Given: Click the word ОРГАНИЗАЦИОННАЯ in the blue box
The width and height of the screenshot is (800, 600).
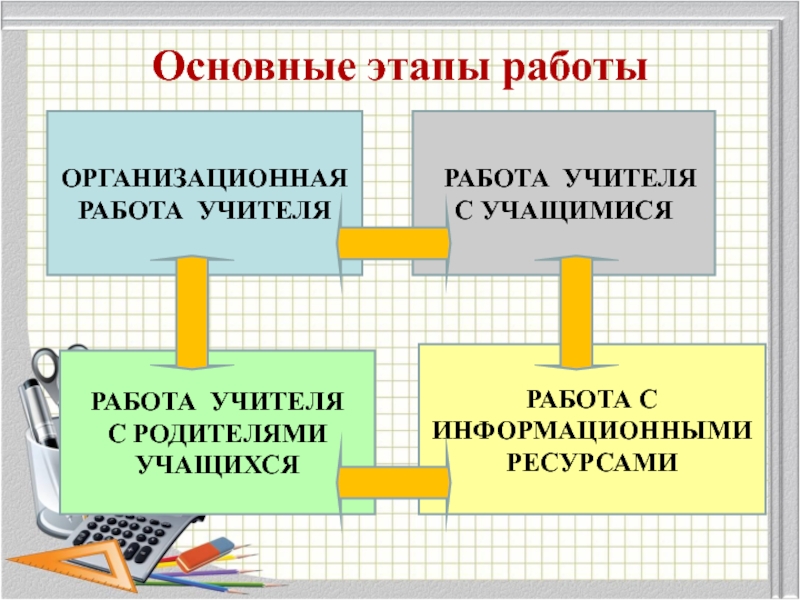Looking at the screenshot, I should tap(206, 181).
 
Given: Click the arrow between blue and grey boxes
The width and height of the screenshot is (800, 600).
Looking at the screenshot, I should tap(388, 243).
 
